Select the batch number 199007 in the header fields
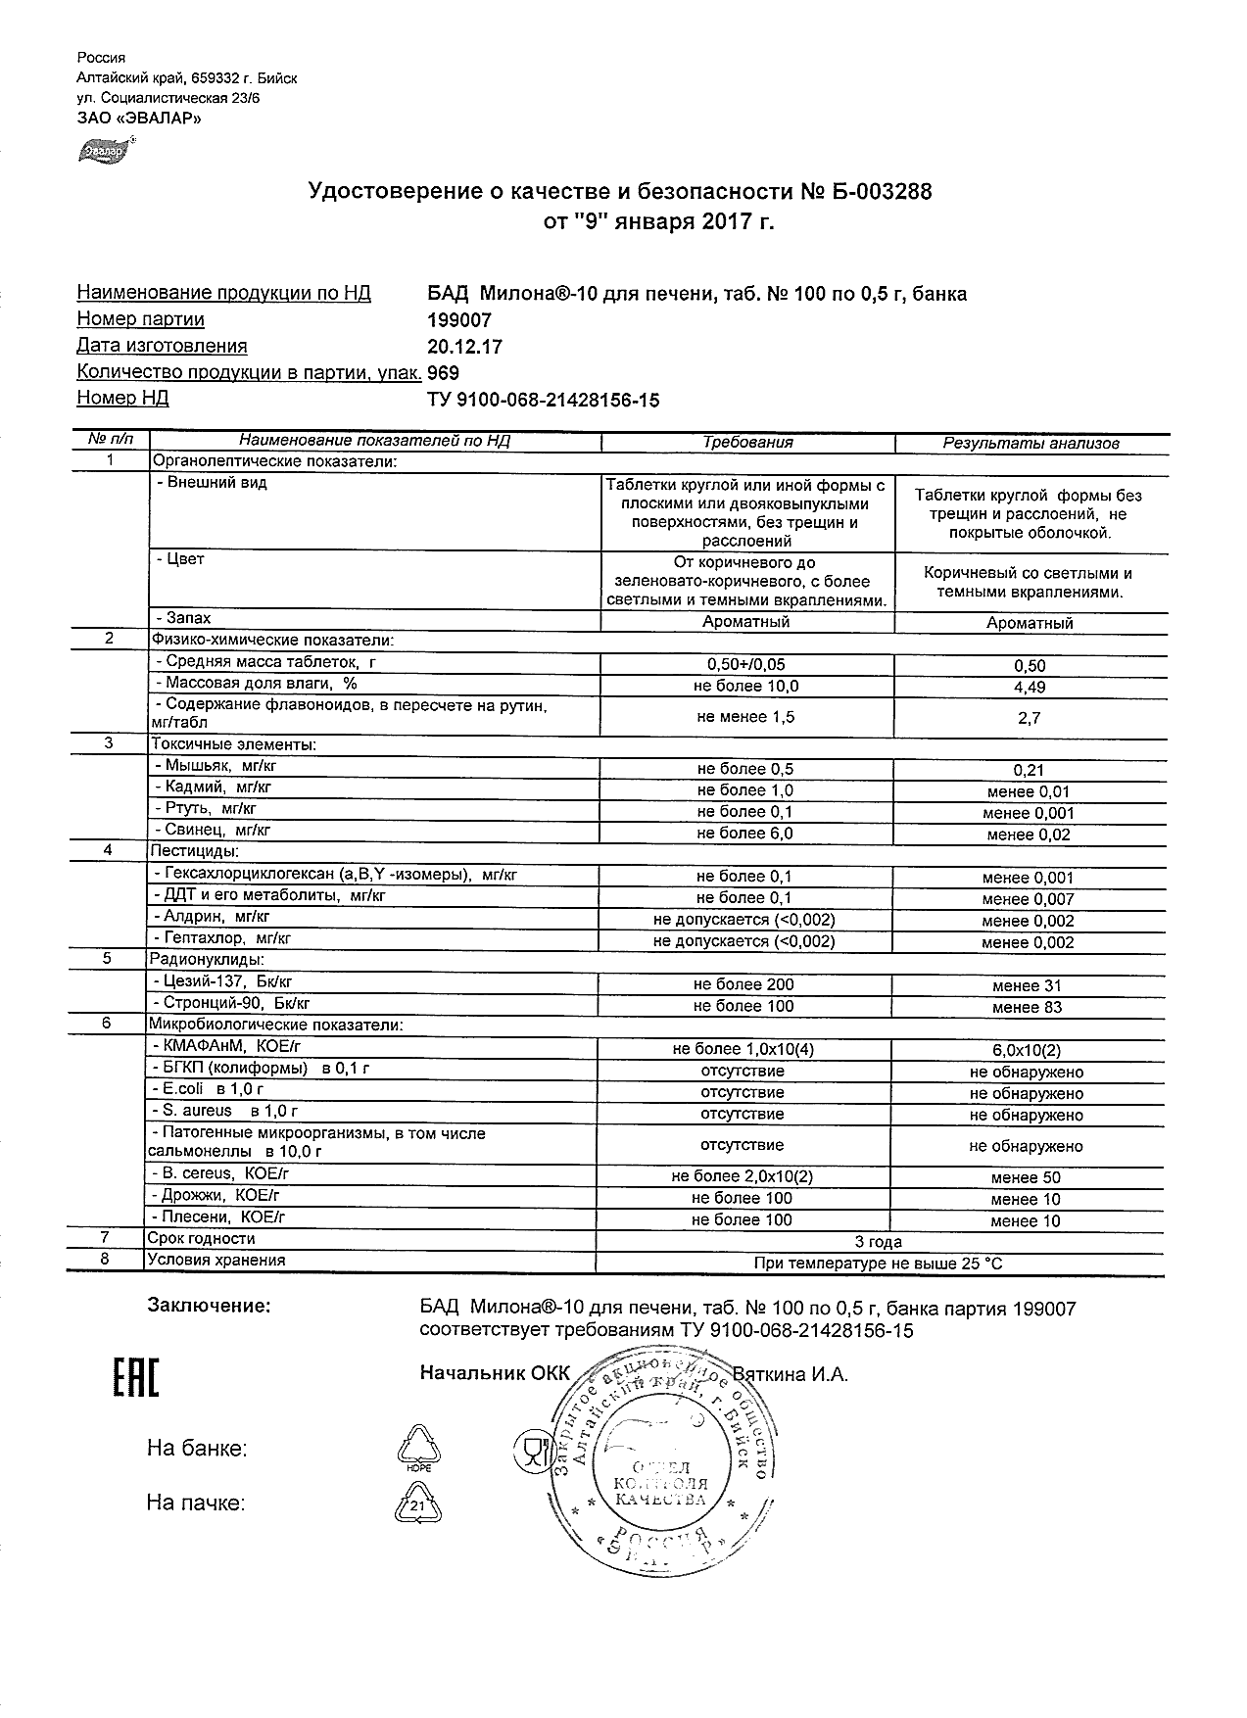pos(459,320)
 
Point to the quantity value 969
pos(444,373)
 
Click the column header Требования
pos(747,443)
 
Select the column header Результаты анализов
pos(1031,444)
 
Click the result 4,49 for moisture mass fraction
pos(1029,688)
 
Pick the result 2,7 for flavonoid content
pos(1029,718)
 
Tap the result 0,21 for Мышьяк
pos(1029,770)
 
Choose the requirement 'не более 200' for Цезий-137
pos(743,984)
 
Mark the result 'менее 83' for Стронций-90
pos(1026,1007)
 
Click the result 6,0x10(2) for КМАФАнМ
pos(1026,1050)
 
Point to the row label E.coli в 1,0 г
pos(208,1089)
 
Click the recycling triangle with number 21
pos(416,1504)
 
